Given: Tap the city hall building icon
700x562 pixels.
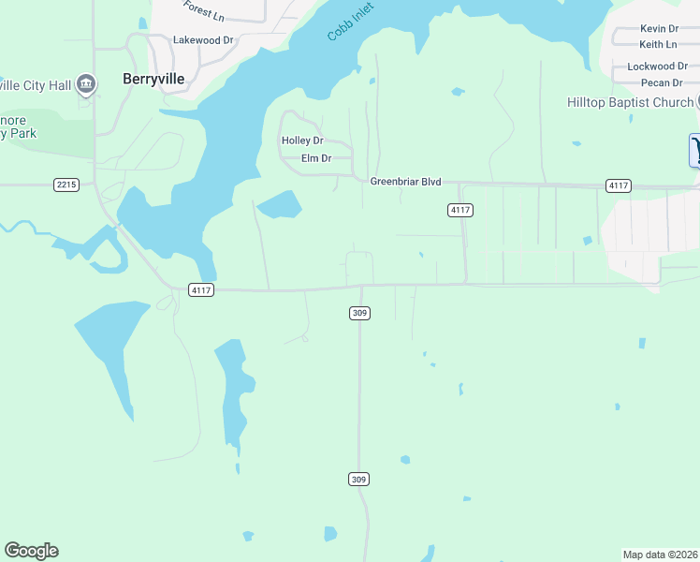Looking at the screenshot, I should (x=86, y=84).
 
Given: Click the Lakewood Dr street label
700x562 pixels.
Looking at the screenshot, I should (x=203, y=40).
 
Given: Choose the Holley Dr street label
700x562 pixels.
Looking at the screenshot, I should (x=302, y=140).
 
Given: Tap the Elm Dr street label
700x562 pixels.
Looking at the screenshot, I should (x=316, y=158).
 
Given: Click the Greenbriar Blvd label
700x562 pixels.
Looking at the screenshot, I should (x=405, y=182).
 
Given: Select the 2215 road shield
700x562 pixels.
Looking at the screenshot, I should (x=66, y=185).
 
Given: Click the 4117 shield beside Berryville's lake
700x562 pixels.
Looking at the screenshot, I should (x=201, y=290).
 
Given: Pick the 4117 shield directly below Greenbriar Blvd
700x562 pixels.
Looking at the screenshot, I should (x=459, y=210).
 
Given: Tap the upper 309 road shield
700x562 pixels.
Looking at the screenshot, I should (x=359, y=313).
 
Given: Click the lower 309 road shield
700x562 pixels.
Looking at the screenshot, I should (x=359, y=480).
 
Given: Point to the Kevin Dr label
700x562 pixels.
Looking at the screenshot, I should (x=659, y=29).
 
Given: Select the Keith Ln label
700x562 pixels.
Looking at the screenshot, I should (x=658, y=44).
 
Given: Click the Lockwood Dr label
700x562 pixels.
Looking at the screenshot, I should (x=651, y=67).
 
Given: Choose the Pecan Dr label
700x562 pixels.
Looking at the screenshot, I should (x=655, y=83).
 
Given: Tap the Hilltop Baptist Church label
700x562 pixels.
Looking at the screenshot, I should (x=631, y=102).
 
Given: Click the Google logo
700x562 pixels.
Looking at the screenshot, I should (x=31, y=551).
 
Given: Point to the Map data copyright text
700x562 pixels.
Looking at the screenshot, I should (x=661, y=555).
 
